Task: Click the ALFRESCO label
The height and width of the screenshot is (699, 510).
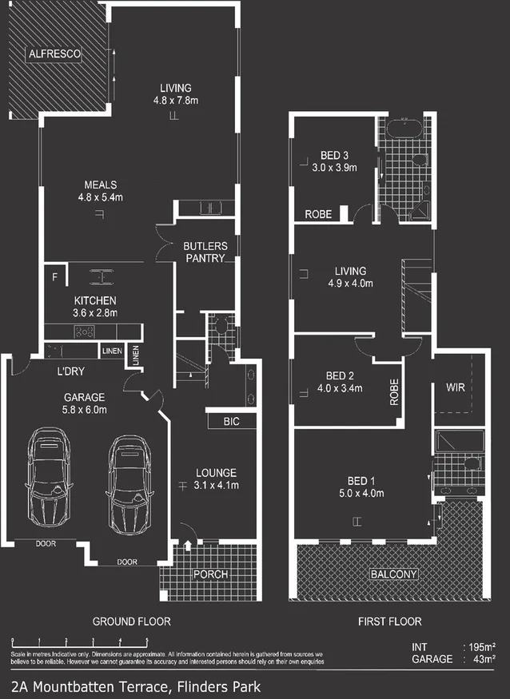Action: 53,54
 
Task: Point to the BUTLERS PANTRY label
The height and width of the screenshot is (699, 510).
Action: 205,252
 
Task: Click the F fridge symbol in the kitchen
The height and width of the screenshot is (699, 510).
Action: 55,277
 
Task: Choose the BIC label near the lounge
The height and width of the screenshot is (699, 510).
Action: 233,419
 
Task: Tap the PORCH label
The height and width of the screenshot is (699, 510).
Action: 211,574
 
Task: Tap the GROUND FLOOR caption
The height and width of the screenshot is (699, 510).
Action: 131,621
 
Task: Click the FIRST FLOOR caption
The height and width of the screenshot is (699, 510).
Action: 390,621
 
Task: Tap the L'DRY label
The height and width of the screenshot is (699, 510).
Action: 72,372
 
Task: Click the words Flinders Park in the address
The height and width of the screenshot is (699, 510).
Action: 216,685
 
